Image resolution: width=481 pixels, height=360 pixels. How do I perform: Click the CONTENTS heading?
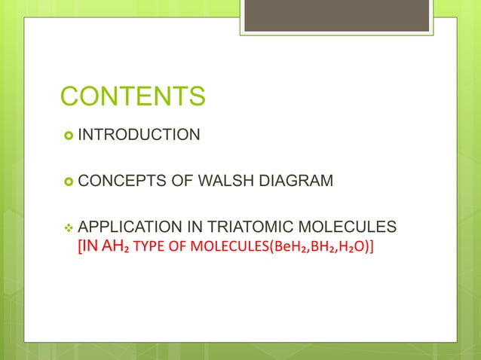132,97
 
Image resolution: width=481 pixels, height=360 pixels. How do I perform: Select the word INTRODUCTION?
139,136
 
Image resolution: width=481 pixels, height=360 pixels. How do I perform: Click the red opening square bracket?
80,246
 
